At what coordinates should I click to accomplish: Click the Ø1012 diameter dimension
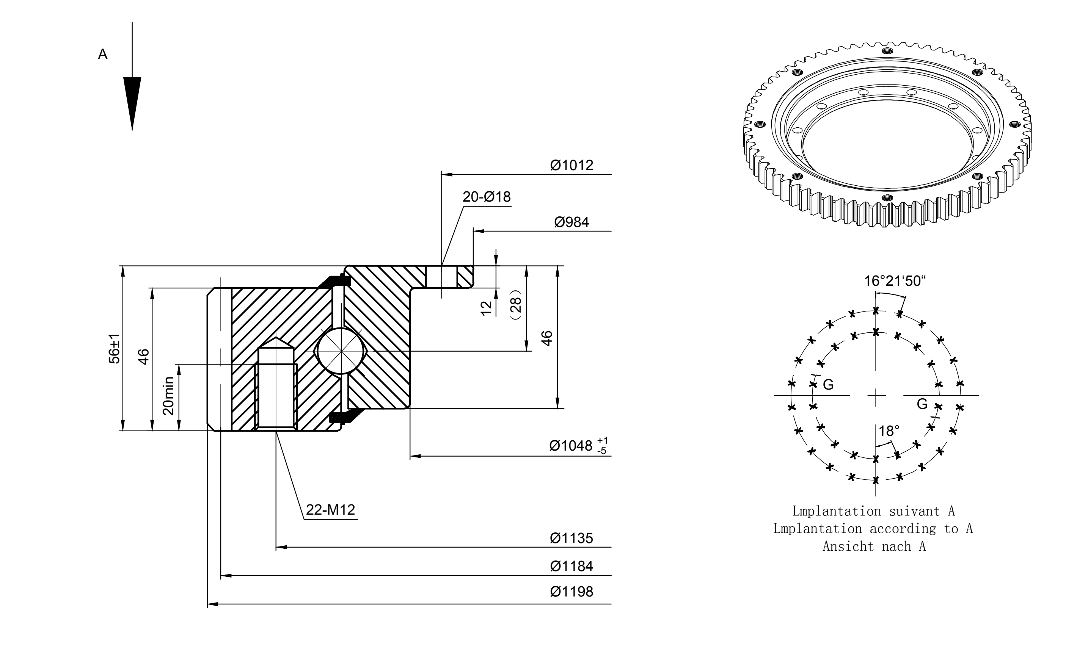pos(571,165)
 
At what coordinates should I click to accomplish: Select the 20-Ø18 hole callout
pos(487,197)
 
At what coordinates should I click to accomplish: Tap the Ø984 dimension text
pos(571,222)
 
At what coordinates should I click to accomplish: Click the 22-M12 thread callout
pos(331,510)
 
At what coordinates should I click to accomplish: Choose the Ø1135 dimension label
pos(571,539)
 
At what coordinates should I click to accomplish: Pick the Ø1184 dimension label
pos(571,566)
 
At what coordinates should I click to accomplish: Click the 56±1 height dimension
pos(115,348)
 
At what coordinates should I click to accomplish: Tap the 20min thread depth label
pos(168,396)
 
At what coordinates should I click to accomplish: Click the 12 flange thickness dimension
pos(487,308)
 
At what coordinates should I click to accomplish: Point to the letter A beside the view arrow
pos(103,55)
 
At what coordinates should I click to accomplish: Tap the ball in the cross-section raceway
pos(341,351)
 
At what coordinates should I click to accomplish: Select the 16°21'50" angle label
pos(895,281)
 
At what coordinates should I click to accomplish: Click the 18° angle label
pos(889,431)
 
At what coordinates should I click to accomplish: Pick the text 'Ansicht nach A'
pos(874,546)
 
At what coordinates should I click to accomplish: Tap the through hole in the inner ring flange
pos(441,276)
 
